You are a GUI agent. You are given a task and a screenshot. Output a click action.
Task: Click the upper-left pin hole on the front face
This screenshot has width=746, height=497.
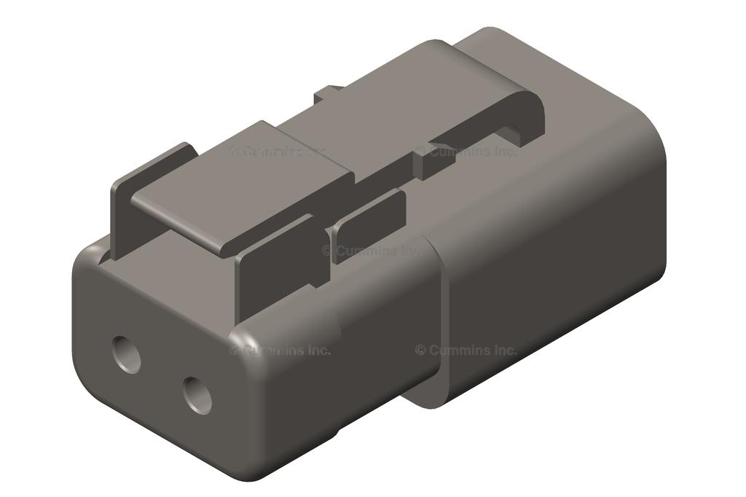(127, 355)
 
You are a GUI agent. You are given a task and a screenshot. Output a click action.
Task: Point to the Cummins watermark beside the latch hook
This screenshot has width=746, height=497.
(467, 152)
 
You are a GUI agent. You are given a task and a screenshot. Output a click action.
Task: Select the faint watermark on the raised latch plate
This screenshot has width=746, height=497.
(277, 152)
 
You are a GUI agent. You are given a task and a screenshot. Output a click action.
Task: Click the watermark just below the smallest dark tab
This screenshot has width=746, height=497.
(372, 251)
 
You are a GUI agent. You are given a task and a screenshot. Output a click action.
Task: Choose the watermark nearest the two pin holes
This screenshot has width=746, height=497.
(280, 350)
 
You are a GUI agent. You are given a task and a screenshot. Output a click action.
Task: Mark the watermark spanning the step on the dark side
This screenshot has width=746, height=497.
(467, 350)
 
